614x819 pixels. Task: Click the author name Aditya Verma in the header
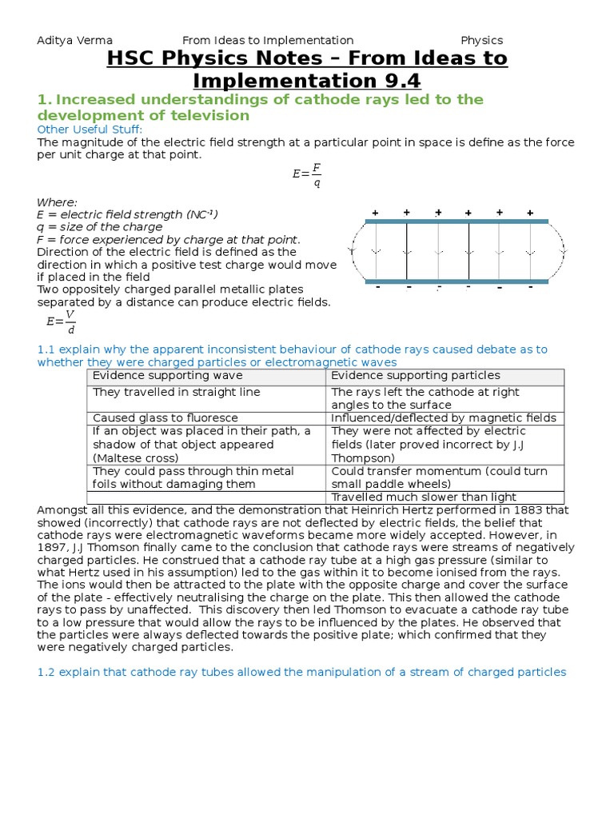pyautogui.click(x=75, y=40)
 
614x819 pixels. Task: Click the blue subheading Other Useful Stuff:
pyautogui.click(x=90, y=130)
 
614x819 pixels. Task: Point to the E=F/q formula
pyautogui.click(x=307, y=174)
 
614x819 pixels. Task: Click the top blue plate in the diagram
pyautogui.click(x=457, y=221)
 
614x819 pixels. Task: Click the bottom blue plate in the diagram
pyautogui.click(x=457, y=281)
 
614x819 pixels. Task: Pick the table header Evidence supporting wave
pyautogui.click(x=168, y=375)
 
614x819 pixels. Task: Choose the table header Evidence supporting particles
pyautogui.click(x=416, y=375)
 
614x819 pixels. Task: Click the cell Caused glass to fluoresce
pyautogui.click(x=159, y=417)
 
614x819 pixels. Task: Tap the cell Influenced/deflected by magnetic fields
pyautogui.click(x=444, y=417)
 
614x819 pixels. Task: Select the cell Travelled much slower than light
pyautogui.click(x=424, y=497)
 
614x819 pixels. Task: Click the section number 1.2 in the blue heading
pyautogui.click(x=46, y=672)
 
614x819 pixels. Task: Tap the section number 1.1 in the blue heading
pyautogui.click(x=46, y=350)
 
